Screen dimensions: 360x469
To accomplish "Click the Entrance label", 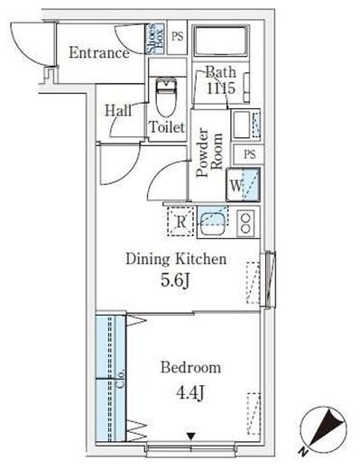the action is (99, 53).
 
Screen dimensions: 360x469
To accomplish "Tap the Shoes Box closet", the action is (155, 38).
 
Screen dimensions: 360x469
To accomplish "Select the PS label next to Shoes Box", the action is (178, 36).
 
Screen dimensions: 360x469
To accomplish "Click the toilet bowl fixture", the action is (166, 97).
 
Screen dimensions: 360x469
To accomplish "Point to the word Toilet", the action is (167, 127).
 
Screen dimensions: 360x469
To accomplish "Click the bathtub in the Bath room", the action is (221, 41).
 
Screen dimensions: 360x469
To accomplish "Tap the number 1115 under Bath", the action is (220, 88).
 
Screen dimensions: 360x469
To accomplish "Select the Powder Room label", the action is (209, 152).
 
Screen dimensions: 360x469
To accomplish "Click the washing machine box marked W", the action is (243, 185).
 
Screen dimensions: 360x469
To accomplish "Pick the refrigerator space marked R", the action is (180, 222).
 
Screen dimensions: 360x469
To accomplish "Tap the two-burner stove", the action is (245, 222).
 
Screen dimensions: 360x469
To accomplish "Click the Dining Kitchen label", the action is (176, 259).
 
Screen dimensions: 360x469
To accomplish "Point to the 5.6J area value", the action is (175, 280).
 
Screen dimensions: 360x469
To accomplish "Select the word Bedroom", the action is (190, 367).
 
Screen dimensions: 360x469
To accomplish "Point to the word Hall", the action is (118, 111).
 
